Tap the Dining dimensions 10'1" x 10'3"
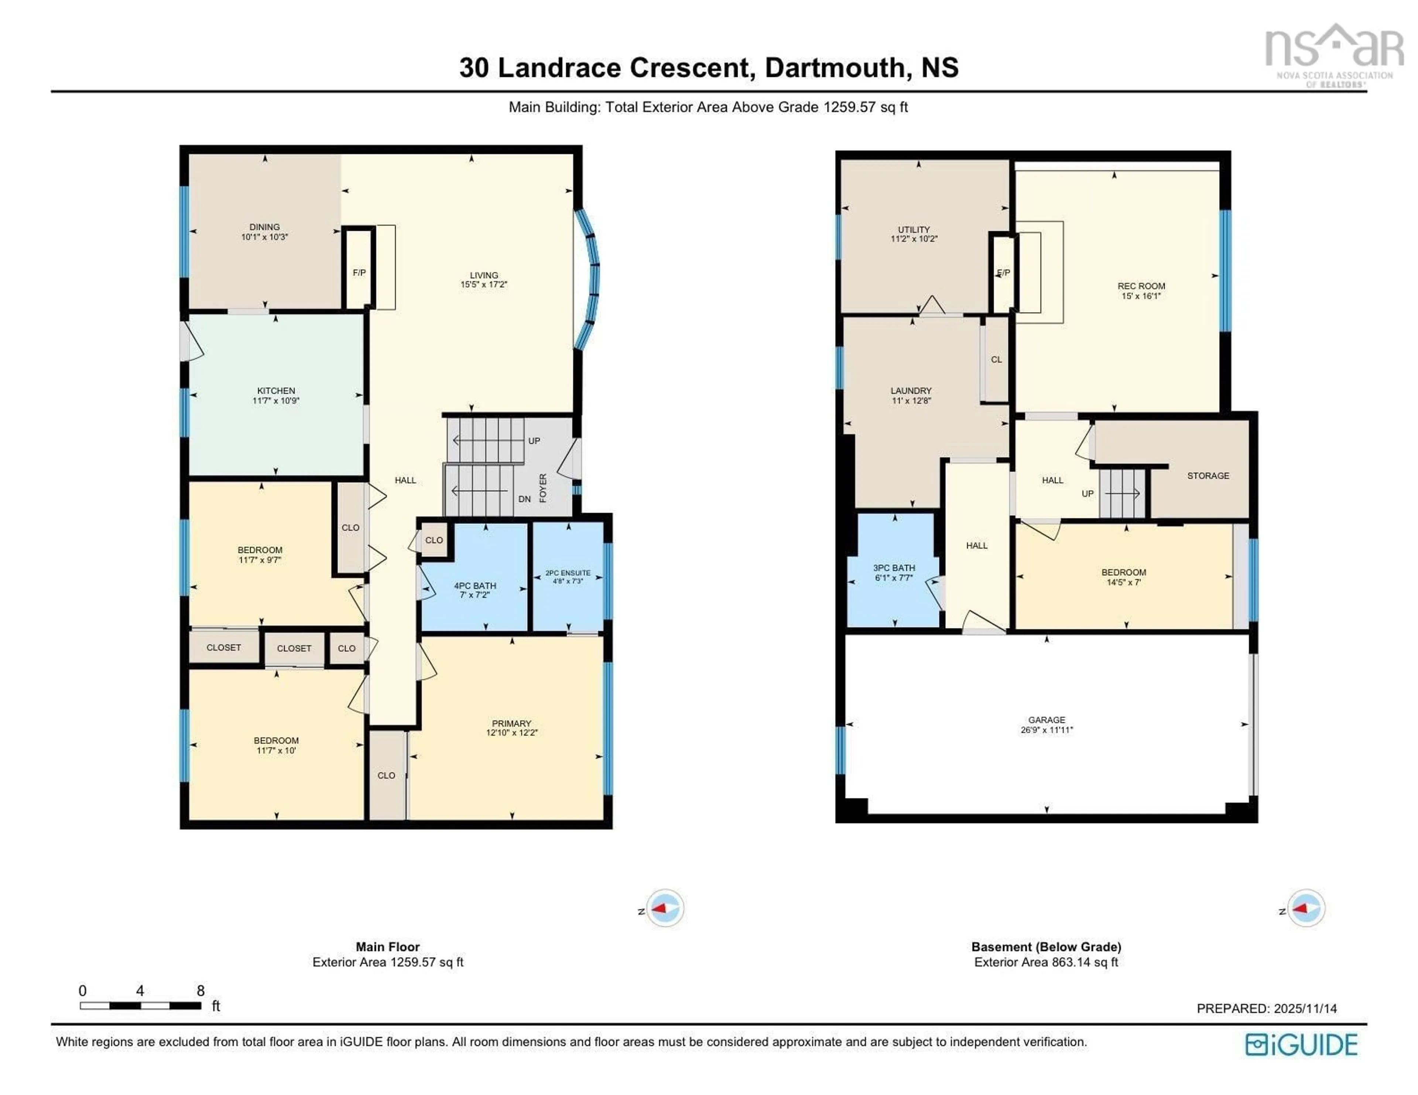[264, 237]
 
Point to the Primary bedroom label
[511, 723]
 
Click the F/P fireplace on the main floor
[359, 273]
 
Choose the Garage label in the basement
[1046, 720]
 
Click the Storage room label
[1208, 476]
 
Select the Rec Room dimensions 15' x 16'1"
[1141, 296]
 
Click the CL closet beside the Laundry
[996, 359]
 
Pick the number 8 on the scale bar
[201, 991]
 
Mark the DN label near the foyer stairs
[525, 499]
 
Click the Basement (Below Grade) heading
[1046, 946]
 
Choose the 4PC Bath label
[475, 585]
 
